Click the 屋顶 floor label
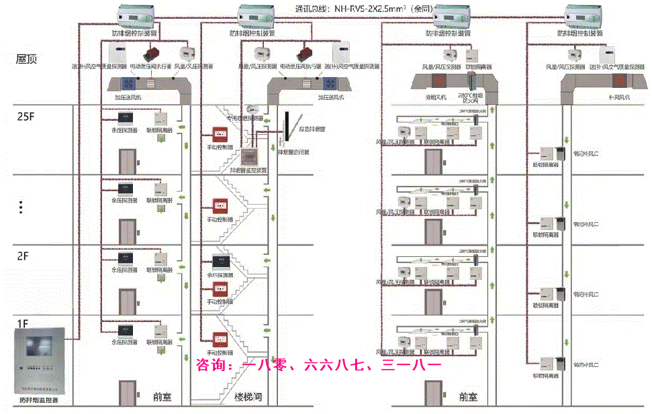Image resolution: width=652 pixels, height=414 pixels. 27,59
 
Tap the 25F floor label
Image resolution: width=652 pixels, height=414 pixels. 26,116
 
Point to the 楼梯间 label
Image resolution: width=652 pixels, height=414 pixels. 247,397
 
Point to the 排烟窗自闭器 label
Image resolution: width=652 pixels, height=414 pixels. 297,152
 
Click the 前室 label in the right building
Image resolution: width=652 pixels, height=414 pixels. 468,397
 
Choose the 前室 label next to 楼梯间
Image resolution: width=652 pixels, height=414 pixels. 162,397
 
